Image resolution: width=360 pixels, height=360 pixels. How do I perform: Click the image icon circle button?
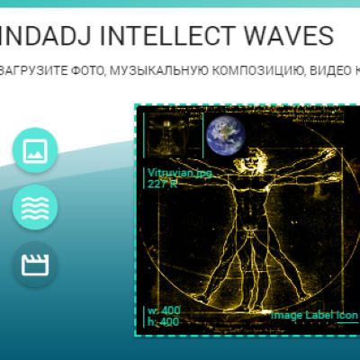click(x=35, y=150)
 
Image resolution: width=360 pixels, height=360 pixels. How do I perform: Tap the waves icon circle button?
click(x=35, y=208)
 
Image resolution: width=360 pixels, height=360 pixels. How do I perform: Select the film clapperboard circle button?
click(x=35, y=265)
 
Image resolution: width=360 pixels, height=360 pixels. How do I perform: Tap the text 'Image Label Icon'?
click(x=313, y=316)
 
